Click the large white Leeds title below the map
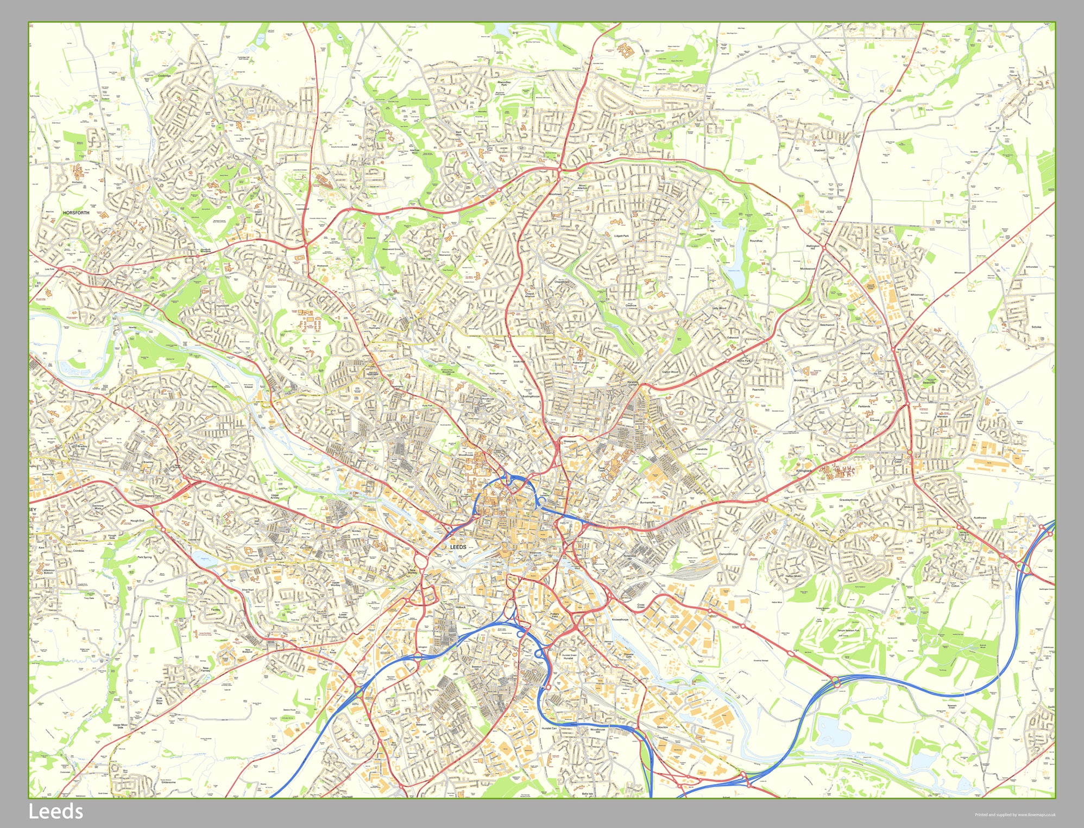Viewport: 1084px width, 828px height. coord(55,812)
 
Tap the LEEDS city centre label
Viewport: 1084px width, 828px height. coord(458,547)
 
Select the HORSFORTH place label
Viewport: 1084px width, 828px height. coord(76,213)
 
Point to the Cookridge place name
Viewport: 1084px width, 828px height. coord(164,76)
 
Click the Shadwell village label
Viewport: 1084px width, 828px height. coord(820,150)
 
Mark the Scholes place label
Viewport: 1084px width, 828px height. coord(1036,327)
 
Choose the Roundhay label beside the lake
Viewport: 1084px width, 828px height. coord(755,240)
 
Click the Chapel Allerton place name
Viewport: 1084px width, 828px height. coord(530,295)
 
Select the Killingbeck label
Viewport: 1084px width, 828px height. coord(804,471)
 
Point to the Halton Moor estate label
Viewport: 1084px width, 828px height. coord(793,576)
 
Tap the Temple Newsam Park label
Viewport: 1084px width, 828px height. coord(848,630)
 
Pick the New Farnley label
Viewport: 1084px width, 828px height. coord(205,670)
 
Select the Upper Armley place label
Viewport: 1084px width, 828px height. coord(275,496)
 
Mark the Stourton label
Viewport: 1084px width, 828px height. coord(662,727)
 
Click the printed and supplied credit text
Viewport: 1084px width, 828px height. coord(1014,814)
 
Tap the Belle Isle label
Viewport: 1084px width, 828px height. coord(587,793)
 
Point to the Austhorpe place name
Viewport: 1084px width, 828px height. coord(979,518)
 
